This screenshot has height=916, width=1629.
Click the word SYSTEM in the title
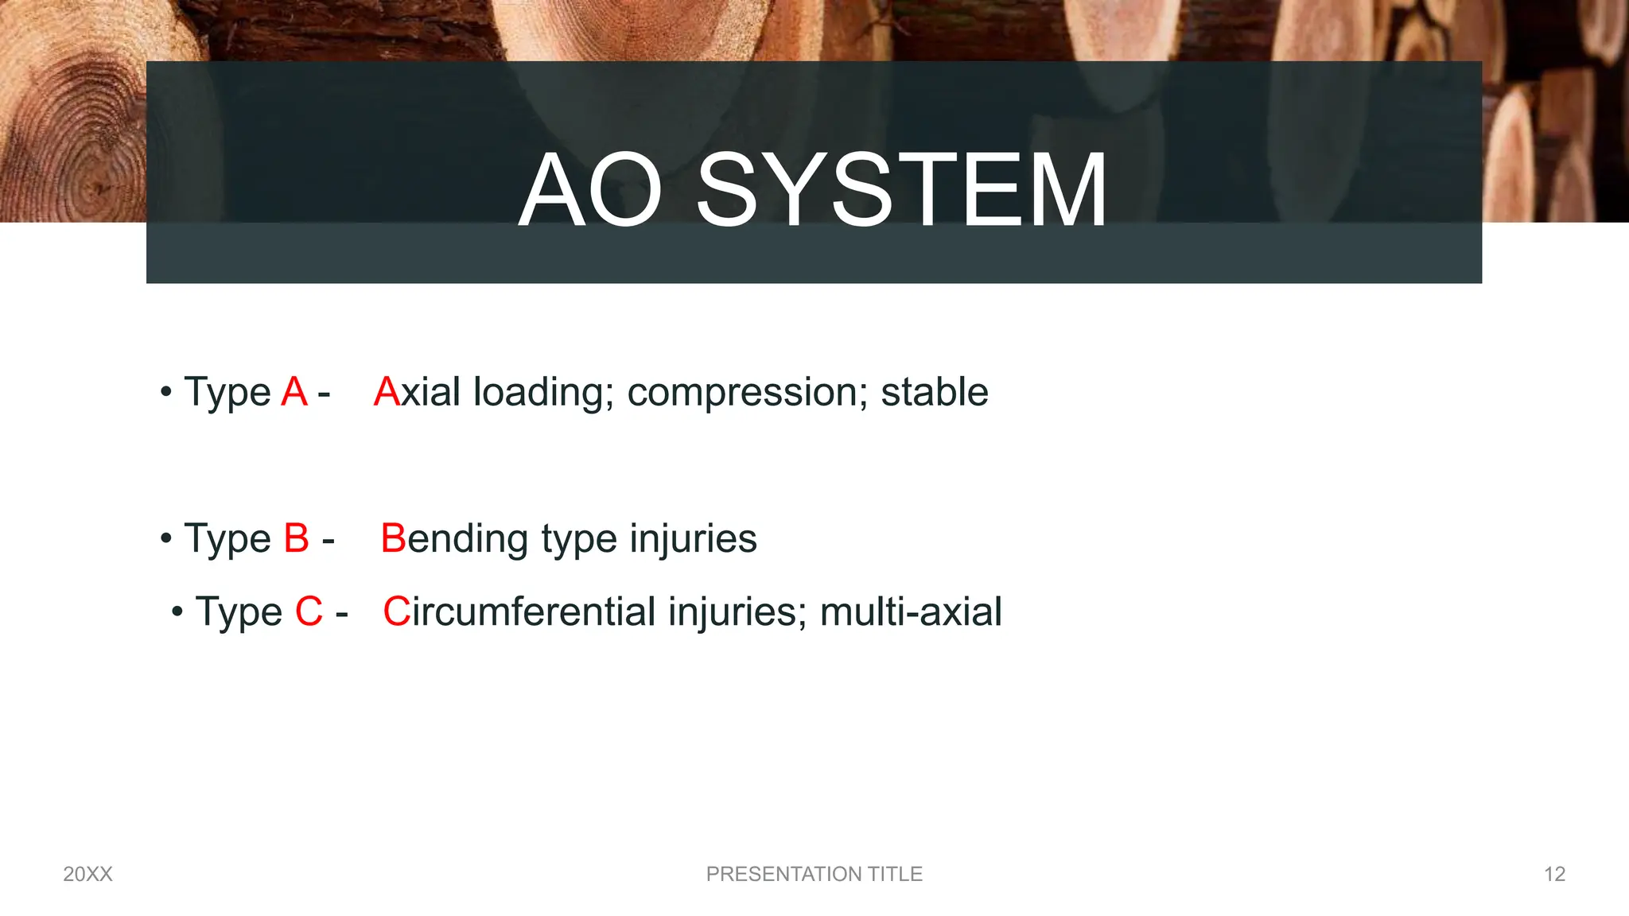(901, 191)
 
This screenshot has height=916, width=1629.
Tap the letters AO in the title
(590, 191)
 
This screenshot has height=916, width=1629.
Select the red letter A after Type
(294, 392)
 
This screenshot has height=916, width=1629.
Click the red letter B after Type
(296, 538)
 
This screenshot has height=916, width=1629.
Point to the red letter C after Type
(309, 612)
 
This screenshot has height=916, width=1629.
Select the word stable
(935, 392)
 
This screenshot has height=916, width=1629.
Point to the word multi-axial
(911, 612)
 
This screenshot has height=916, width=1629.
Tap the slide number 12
(1554, 874)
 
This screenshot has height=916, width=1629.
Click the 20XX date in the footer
(87, 874)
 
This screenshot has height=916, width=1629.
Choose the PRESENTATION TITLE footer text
(814, 874)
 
